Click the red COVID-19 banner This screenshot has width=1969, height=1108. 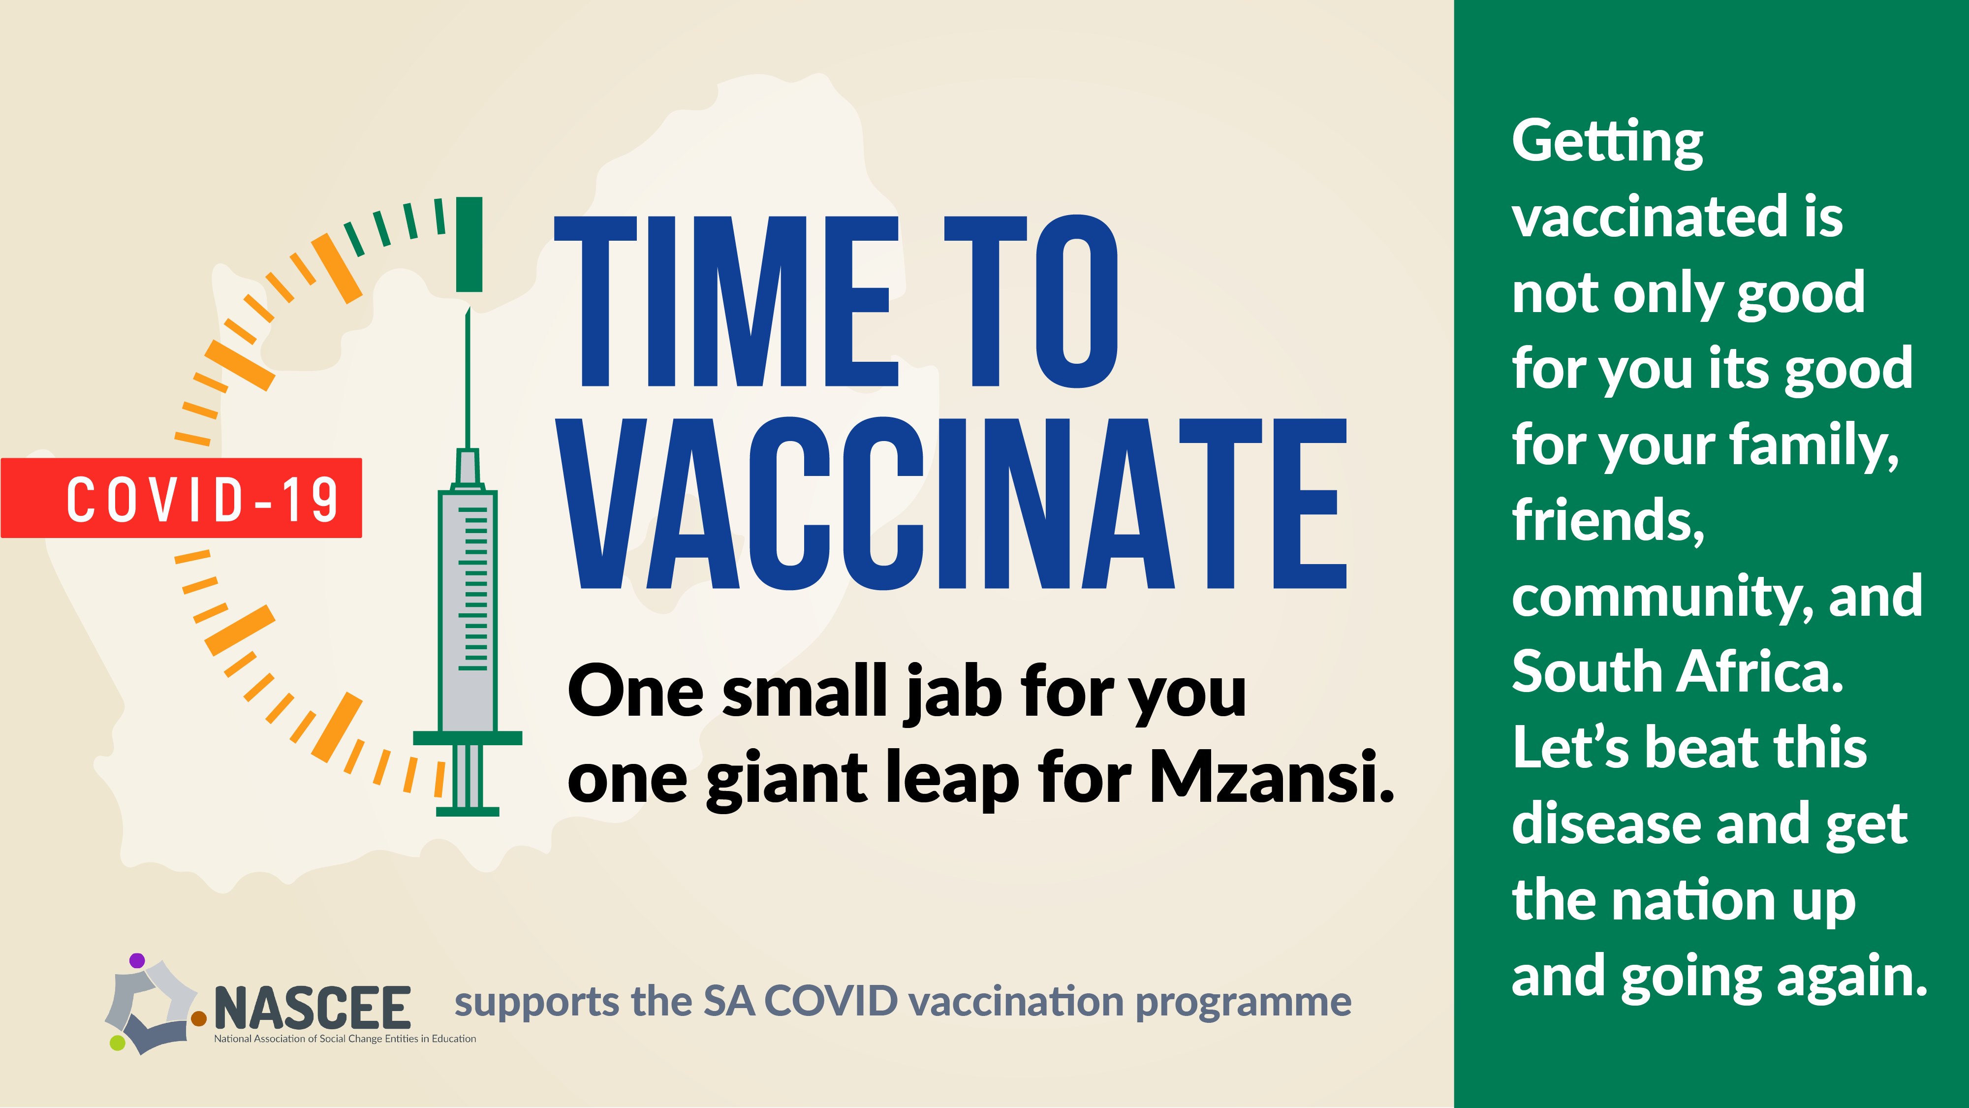click(x=181, y=498)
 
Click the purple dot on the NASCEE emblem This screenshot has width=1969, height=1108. click(x=137, y=960)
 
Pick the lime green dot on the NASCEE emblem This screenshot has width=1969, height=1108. click(x=117, y=1042)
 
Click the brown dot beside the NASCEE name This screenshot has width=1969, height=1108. click(x=199, y=1018)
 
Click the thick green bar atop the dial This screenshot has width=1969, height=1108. click(x=469, y=244)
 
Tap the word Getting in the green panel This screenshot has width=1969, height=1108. click(x=1607, y=144)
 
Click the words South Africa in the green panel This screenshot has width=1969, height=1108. click(x=1678, y=671)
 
